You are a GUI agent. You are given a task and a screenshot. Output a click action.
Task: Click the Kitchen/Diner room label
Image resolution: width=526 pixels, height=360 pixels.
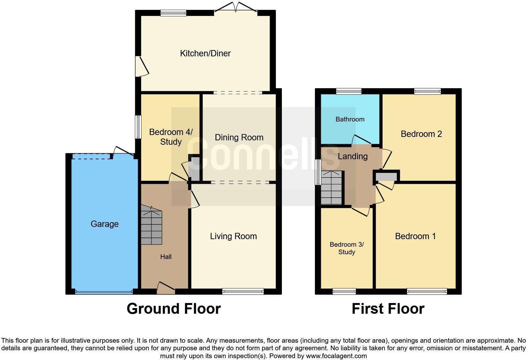205,53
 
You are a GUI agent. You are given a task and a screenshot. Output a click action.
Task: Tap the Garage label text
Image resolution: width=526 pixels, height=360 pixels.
104,224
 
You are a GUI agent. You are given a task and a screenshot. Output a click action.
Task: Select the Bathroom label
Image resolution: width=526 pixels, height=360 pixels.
350,119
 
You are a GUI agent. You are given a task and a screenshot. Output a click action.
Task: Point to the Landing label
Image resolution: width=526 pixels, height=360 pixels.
352,156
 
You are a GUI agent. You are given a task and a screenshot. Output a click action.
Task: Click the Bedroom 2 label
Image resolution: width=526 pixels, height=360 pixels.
421,134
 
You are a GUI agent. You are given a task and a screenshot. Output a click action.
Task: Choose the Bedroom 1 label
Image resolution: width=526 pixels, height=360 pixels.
415,236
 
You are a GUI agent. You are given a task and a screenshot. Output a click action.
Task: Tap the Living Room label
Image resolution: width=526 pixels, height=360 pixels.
233,236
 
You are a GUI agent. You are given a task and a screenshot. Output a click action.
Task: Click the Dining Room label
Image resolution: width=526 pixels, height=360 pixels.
239,138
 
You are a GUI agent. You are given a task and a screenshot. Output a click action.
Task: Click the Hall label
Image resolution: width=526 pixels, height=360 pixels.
166,257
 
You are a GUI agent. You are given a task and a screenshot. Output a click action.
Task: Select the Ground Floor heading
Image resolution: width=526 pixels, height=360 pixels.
174,309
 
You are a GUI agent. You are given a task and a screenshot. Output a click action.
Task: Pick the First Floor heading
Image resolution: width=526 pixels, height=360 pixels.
388,309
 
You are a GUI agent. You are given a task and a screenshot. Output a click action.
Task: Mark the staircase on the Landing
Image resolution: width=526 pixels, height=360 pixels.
331,188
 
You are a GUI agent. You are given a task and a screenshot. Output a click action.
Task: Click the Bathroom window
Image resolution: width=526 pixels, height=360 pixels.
349,92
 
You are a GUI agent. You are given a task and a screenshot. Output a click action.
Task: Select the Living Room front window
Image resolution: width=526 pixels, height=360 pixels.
243,292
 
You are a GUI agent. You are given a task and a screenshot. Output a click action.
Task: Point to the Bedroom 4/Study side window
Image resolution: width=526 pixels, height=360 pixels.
138,127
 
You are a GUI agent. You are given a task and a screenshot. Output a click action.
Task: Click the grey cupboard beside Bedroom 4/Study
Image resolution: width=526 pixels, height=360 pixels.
194,168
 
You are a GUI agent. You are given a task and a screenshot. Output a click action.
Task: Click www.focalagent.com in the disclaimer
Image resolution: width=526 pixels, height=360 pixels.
336,356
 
